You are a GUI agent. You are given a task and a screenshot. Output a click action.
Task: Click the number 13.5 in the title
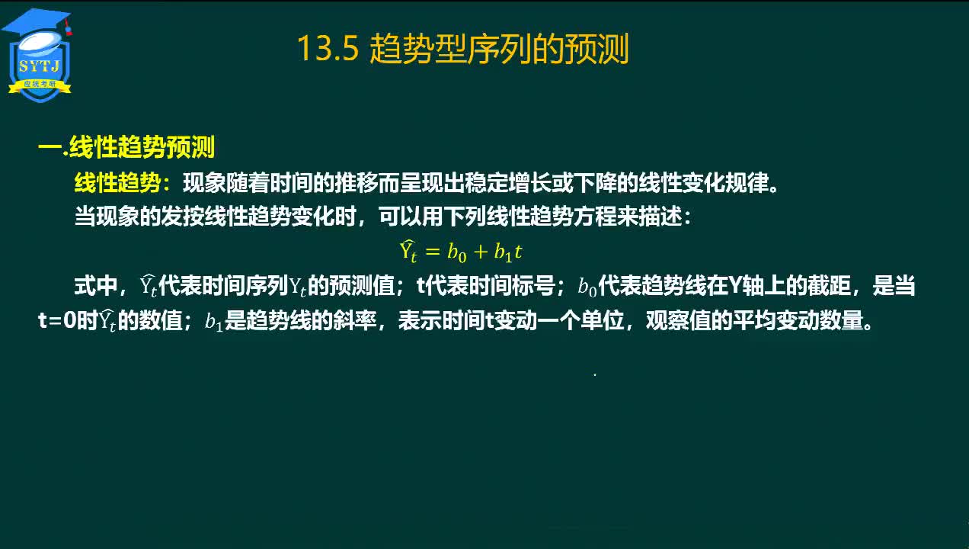pyautogui.click(x=328, y=48)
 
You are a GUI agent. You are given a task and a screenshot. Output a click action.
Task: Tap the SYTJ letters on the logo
pyautogui.click(x=40, y=66)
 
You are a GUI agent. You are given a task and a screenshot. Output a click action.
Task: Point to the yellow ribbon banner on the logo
pyautogui.click(x=40, y=85)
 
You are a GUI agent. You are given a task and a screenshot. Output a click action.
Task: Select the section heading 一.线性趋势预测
pyautogui.click(x=126, y=146)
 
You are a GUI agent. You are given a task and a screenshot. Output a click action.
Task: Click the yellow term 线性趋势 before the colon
pyautogui.click(x=117, y=182)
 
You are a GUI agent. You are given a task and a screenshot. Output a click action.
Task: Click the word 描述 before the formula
pyautogui.click(x=660, y=216)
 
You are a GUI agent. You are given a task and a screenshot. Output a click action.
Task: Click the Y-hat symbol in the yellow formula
pyautogui.click(x=408, y=251)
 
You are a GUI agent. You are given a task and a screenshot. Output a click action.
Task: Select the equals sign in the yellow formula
pyautogui.click(x=433, y=251)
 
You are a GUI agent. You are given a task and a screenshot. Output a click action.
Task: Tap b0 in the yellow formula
pyautogui.click(x=457, y=252)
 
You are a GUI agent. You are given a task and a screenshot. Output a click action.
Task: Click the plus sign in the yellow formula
pyautogui.click(x=480, y=251)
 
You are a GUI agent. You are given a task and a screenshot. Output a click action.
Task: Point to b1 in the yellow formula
pyautogui.click(x=503, y=252)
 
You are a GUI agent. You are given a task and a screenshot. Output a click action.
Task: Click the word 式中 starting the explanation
pyautogui.click(x=96, y=286)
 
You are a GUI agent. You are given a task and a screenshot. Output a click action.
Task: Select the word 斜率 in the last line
pyautogui.click(x=355, y=320)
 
